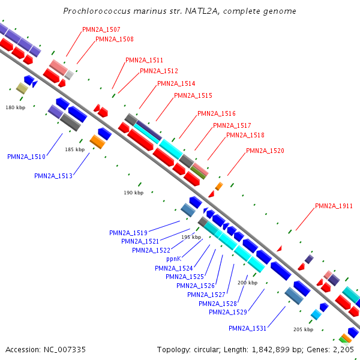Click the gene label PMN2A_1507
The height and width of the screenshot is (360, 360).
101,29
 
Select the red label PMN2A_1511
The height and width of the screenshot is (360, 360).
144,60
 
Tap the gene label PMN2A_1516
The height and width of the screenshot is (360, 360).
216,113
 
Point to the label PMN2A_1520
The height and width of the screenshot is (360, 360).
265,151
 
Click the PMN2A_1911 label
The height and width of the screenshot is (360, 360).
334,206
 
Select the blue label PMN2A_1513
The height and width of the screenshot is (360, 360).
53,176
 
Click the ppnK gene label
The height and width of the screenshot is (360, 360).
173,259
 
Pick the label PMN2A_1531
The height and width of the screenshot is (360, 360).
247,328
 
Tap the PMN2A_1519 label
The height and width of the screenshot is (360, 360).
128,232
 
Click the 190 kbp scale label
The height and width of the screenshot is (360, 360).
134,193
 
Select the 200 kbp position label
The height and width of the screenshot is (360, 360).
247,283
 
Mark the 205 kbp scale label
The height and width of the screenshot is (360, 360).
303,329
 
